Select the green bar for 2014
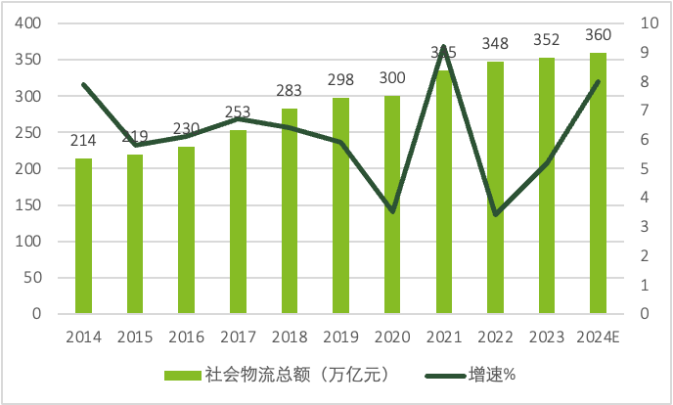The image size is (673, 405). tap(84, 237)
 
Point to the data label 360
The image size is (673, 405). tap(598, 35)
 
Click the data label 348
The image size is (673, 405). tap(495, 44)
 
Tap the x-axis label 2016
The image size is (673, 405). tap(186, 337)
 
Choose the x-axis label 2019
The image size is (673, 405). tap(340, 337)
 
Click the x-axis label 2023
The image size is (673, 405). tap(546, 337)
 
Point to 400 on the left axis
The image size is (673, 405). tap(28, 23)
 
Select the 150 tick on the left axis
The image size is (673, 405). tap(28, 205)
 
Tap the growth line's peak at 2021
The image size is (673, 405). tap(443, 47)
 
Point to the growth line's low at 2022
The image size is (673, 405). tap(495, 214)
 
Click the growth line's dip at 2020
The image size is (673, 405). tap(392, 211)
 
